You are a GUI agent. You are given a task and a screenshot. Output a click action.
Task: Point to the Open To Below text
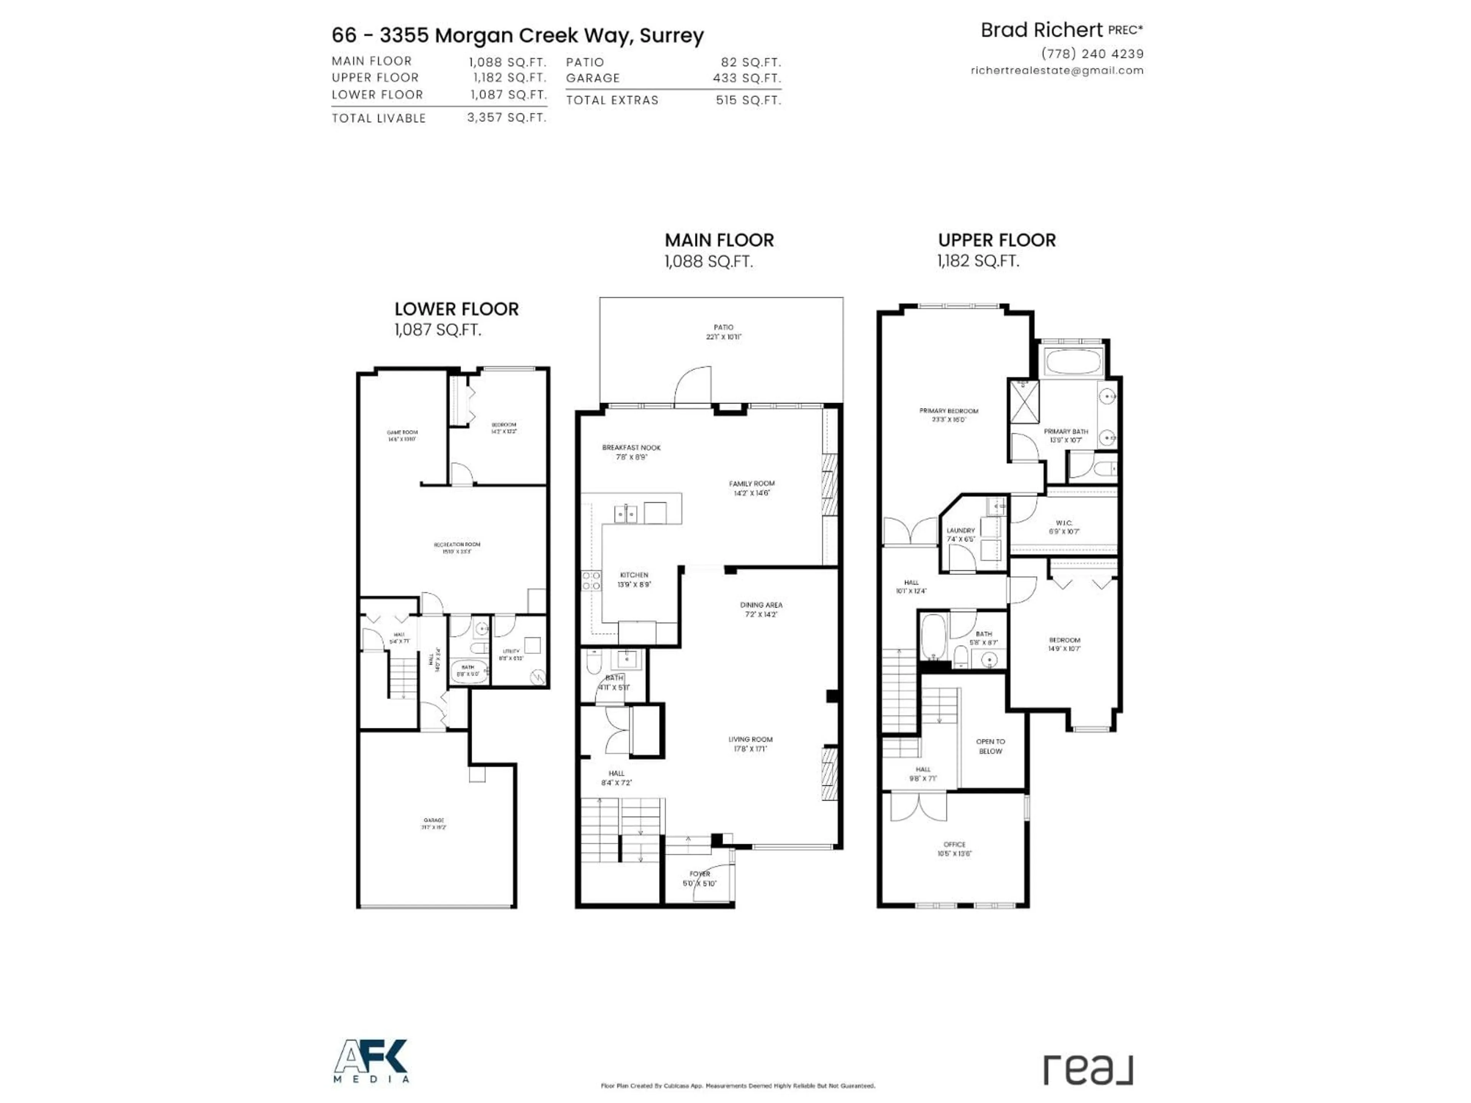pos(990,746)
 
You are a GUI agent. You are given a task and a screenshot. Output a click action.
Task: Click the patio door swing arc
pos(691,386)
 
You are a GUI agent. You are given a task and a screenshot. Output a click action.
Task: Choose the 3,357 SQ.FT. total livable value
pos(506,118)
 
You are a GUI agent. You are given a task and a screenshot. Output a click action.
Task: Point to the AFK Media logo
pos(371,1061)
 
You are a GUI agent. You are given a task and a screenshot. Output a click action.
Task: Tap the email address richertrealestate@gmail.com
pos(1057,70)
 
